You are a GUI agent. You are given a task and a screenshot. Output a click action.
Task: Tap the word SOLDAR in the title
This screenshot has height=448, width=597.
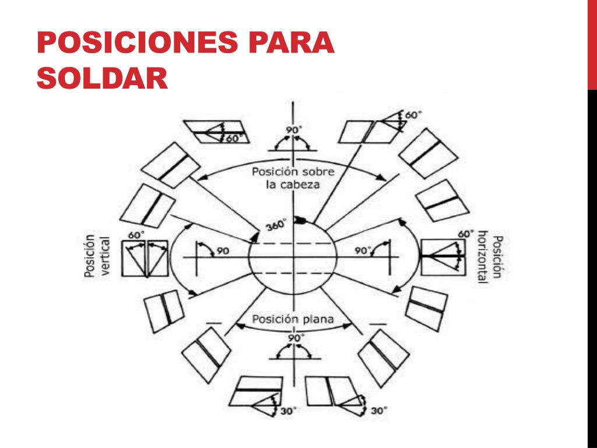point(102,78)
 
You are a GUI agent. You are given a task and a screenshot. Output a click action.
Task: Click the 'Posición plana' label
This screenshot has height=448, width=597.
point(293,319)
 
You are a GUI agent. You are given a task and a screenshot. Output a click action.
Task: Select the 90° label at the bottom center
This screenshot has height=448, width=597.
point(296,338)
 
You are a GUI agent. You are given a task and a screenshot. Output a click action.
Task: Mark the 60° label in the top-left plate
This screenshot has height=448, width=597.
point(234,138)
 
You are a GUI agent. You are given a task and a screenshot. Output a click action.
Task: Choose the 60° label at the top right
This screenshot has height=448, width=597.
point(413,116)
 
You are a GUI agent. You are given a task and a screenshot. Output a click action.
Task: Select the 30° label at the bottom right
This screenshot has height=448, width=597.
point(378,411)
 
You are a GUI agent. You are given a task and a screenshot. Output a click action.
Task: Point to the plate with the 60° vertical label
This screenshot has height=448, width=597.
point(145,258)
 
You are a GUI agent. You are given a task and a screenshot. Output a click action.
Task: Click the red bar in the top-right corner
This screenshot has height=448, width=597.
point(592,44)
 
